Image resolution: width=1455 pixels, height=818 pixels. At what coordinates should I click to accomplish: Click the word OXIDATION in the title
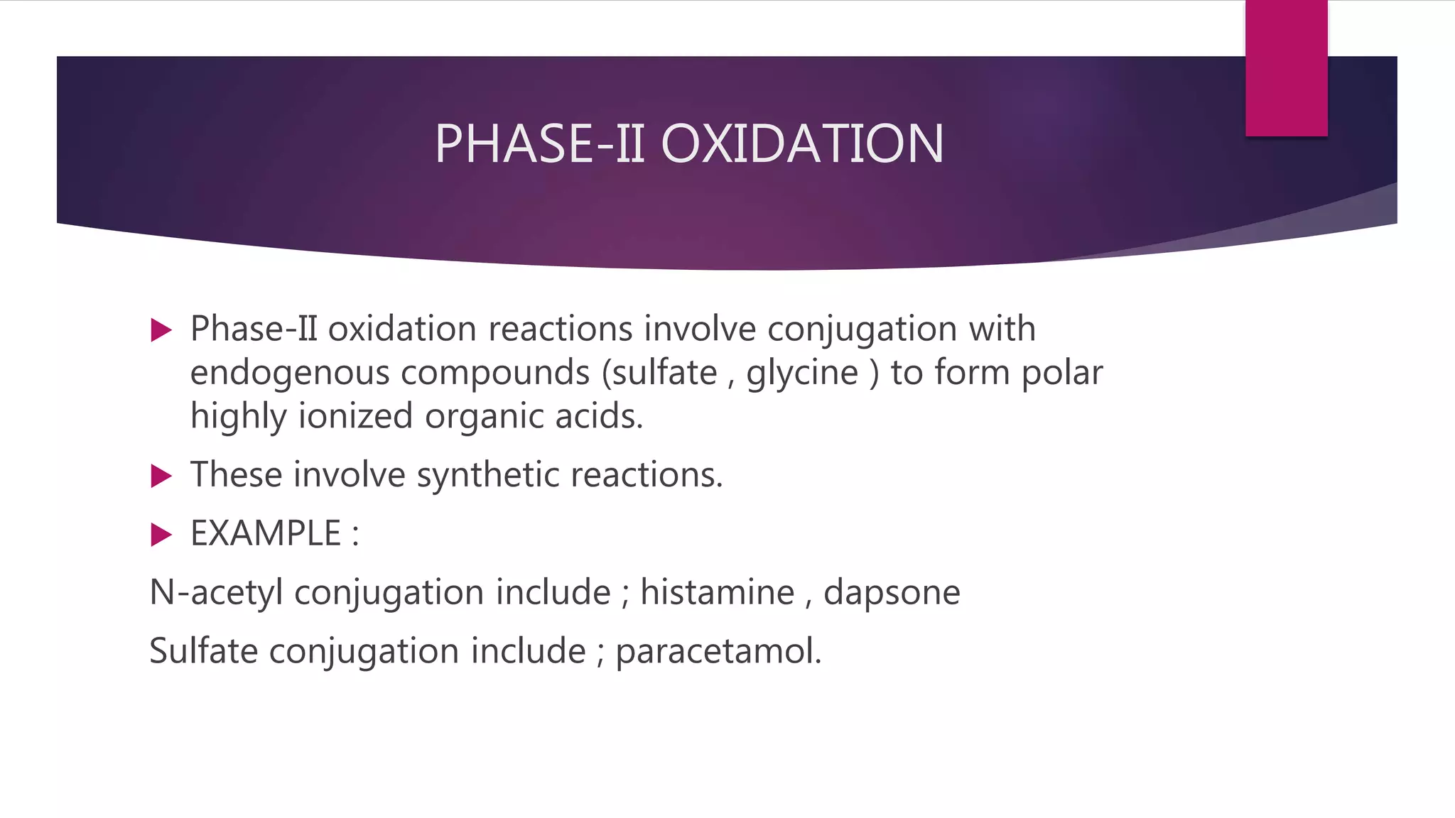[x=802, y=143]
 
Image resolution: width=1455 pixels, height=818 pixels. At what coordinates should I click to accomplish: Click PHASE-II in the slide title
[x=539, y=143]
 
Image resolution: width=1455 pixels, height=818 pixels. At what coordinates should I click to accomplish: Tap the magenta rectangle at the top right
[x=1286, y=69]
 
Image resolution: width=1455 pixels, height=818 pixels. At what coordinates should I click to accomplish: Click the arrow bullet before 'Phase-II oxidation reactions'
[x=162, y=330]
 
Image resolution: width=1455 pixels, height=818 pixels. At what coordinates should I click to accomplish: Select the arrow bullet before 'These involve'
[x=162, y=476]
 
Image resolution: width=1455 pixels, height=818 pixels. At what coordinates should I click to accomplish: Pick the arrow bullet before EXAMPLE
[x=162, y=535]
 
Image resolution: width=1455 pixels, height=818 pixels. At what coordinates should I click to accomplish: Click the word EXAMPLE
[x=266, y=533]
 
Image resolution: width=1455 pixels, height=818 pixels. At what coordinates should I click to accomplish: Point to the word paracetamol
[x=718, y=651]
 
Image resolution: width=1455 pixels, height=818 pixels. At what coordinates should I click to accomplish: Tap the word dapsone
[x=892, y=592]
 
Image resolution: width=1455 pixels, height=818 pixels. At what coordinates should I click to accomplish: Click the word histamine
[x=718, y=592]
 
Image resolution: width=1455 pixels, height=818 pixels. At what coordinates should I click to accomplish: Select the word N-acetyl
[x=217, y=592]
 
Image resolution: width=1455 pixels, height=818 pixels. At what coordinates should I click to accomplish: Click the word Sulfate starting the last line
[x=204, y=651]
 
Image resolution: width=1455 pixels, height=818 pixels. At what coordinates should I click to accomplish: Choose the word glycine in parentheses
[x=802, y=373]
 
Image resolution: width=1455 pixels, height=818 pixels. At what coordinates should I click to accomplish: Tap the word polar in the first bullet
[x=1062, y=373]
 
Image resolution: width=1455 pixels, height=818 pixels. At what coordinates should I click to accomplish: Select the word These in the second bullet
[x=237, y=474]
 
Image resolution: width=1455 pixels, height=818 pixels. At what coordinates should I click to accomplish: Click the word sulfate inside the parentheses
[x=664, y=373]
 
